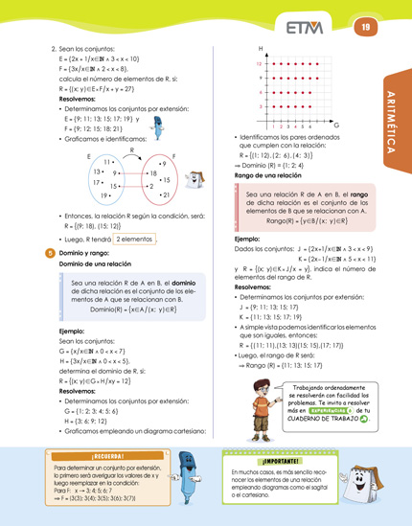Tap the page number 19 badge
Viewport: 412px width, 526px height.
click(x=365, y=27)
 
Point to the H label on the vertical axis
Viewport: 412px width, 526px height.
click(x=259, y=49)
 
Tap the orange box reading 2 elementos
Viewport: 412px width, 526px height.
click(x=133, y=239)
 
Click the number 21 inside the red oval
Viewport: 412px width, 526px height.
click(x=165, y=194)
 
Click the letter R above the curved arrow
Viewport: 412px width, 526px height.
click(x=130, y=149)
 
